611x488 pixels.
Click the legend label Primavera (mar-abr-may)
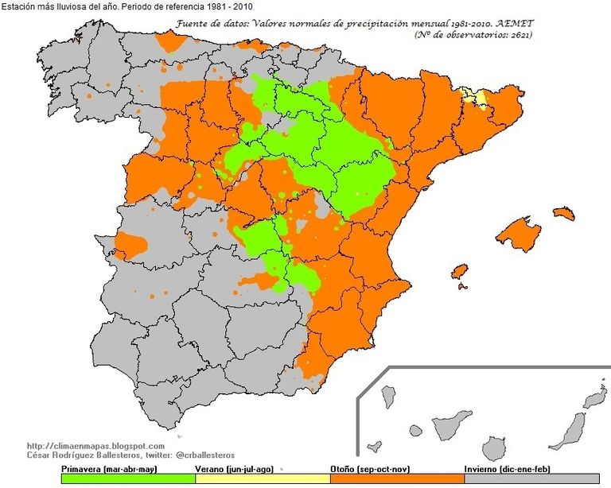(x=107, y=469)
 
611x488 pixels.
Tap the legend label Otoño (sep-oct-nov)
(x=370, y=469)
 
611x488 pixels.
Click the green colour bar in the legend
(x=127, y=478)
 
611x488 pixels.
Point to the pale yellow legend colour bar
(x=262, y=478)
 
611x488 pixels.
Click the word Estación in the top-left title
(x=18, y=7)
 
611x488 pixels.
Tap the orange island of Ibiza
(x=459, y=272)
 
